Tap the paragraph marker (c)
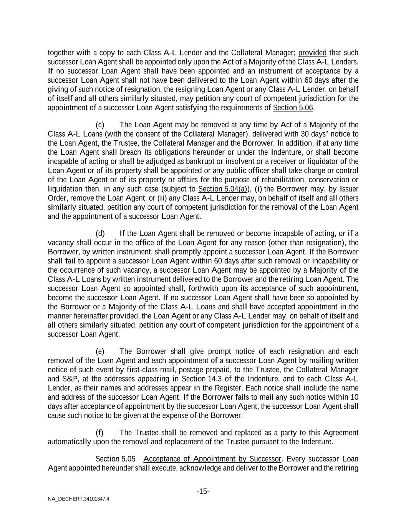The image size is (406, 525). (100, 125)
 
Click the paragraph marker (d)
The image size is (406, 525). (100, 233)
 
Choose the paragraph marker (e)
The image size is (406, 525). (100, 352)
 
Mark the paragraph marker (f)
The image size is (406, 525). (99, 433)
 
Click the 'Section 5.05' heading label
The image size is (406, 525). (115, 459)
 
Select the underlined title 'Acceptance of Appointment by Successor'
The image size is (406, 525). (212, 459)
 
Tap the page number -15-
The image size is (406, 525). (203, 492)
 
